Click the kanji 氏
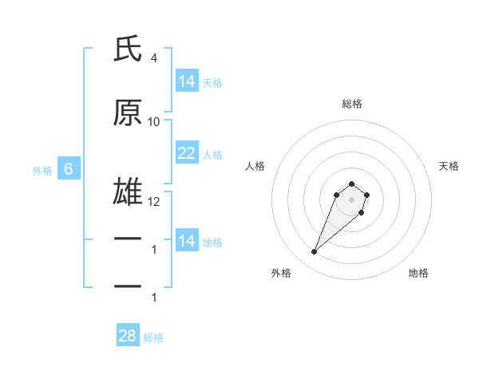click(x=128, y=49)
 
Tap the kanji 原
click(x=128, y=113)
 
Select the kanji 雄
click(x=128, y=194)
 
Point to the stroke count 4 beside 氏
click(x=153, y=57)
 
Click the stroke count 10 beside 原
click(x=154, y=121)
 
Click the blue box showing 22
click(x=187, y=153)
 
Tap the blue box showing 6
click(x=69, y=169)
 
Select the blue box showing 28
click(x=128, y=336)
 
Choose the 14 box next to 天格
click(x=187, y=81)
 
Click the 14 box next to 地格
click(x=187, y=241)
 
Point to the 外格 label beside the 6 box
click(x=42, y=170)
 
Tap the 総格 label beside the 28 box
click(x=153, y=337)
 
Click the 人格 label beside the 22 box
click(x=212, y=154)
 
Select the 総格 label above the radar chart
click(x=352, y=104)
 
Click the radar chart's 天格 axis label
click(x=449, y=166)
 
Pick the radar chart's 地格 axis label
click(x=418, y=273)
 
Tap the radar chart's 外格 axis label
click(x=281, y=273)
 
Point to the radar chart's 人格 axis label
click(x=255, y=166)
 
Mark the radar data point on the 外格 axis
click(x=315, y=252)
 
